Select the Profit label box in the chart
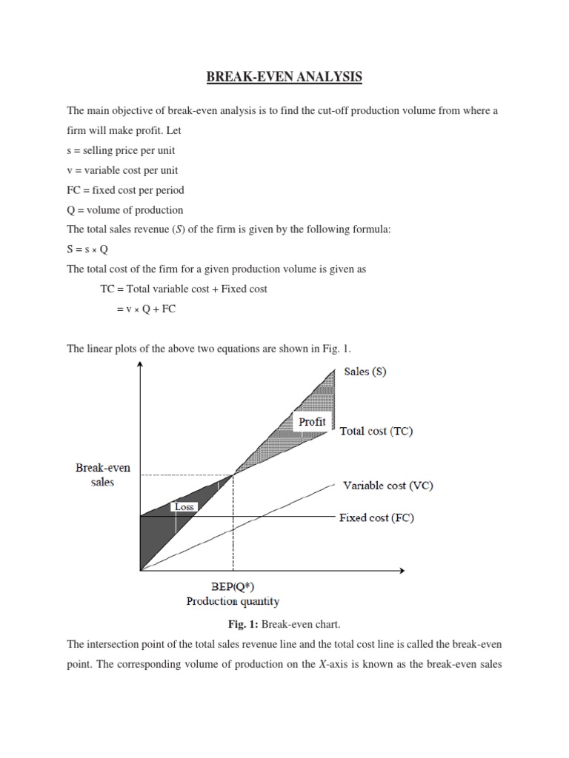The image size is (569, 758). coord(312,421)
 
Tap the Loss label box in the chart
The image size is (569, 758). coord(184,507)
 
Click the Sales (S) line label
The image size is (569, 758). coord(365,372)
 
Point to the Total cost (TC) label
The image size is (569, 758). coord(376,431)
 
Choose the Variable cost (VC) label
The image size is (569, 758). coord(387,486)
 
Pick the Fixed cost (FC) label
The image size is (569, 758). coord(376,517)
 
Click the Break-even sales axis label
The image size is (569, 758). coord(103,474)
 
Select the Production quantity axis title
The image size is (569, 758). coord(233,601)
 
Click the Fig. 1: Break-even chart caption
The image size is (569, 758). coord(284,625)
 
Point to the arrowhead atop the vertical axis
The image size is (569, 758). coord(140,369)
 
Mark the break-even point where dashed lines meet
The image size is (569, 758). coord(233,474)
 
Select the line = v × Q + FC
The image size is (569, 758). coord(146,309)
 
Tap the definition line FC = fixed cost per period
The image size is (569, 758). coord(125,189)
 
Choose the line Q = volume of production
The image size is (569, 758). coord(124,209)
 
